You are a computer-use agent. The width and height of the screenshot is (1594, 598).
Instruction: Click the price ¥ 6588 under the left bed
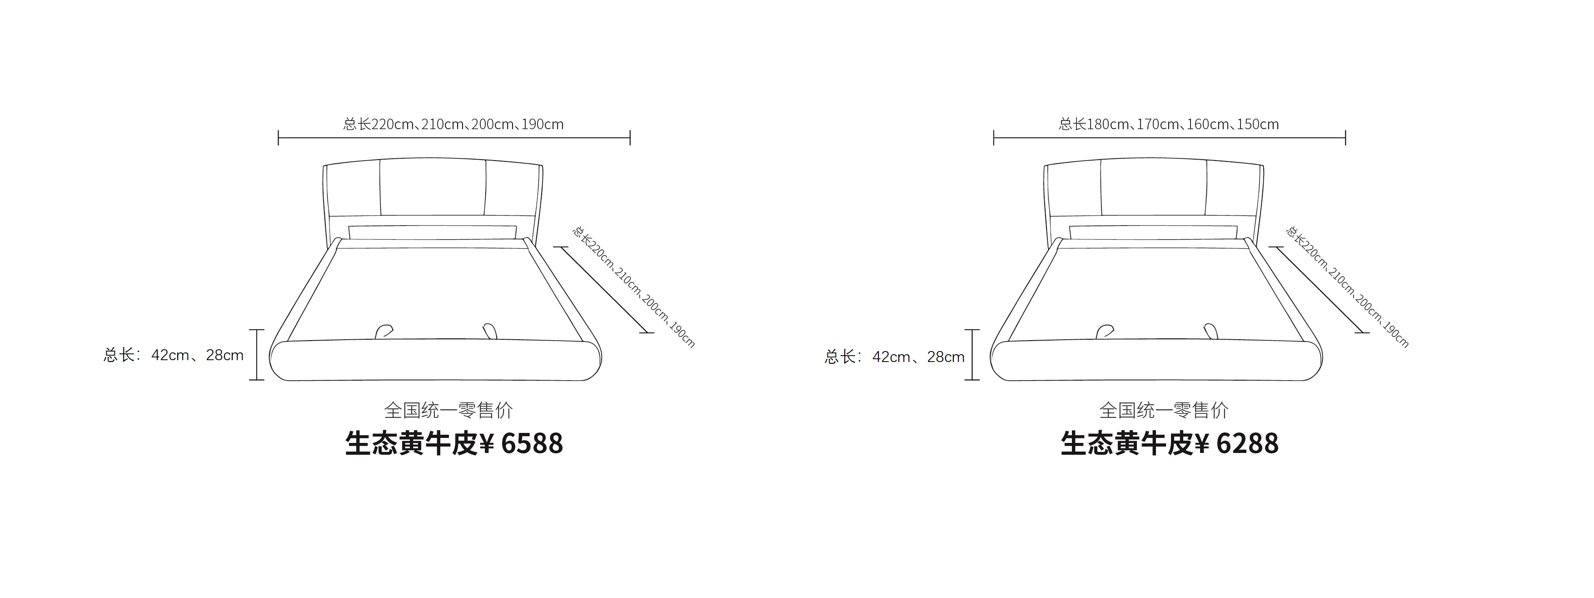tap(522, 443)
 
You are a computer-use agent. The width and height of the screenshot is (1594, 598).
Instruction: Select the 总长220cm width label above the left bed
tap(453, 124)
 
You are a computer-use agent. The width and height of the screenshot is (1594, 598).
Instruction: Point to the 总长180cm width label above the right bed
tap(1169, 124)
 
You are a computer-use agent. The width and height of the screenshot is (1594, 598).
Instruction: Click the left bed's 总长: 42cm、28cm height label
tap(173, 355)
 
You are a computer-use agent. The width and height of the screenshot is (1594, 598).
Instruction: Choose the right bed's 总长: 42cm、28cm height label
tap(894, 357)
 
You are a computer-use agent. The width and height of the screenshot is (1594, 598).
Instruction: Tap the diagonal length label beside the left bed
tap(633, 286)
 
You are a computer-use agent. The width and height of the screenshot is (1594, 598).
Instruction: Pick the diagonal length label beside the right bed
tap(1348, 286)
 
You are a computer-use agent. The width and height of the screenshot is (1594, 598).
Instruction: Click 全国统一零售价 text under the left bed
tap(448, 410)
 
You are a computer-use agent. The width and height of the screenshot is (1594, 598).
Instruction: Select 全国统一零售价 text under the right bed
tap(1164, 410)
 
